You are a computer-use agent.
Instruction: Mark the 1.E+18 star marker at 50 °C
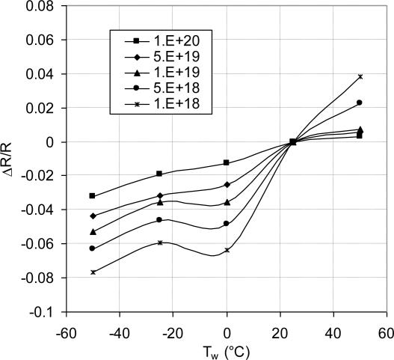pos(360,77)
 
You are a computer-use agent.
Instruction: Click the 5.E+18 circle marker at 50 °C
pos(360,103)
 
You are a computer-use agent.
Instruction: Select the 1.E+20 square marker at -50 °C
pos(93,196)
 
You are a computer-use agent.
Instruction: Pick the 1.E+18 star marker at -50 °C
pos(93,272)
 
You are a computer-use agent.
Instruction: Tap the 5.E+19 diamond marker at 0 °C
pos(227,184)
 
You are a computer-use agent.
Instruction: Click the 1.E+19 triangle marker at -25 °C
pos(159,202)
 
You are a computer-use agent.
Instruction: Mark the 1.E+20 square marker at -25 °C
pos(159,174)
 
